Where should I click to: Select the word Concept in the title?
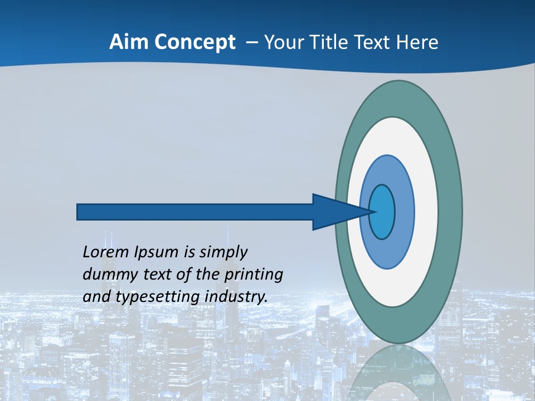194,42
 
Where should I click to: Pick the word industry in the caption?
236,297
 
